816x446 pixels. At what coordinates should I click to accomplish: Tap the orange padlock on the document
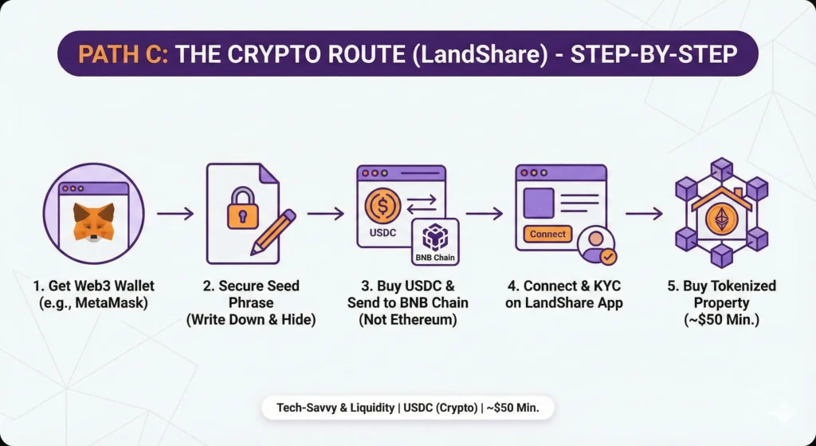coord(243,211)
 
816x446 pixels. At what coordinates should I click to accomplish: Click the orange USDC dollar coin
coord(381,205)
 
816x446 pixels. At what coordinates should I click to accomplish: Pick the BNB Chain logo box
coord(434,242)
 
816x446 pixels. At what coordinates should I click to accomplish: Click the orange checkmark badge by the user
coord(607,256)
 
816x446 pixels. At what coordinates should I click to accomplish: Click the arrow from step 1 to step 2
coord(175,214)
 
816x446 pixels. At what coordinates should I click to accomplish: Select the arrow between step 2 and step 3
coord(325,214)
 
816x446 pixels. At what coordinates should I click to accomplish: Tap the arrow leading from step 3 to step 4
coord(484,214)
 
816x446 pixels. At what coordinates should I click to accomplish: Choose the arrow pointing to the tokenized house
coord(644,214)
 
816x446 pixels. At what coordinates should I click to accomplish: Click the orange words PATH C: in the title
coord(123,54)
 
